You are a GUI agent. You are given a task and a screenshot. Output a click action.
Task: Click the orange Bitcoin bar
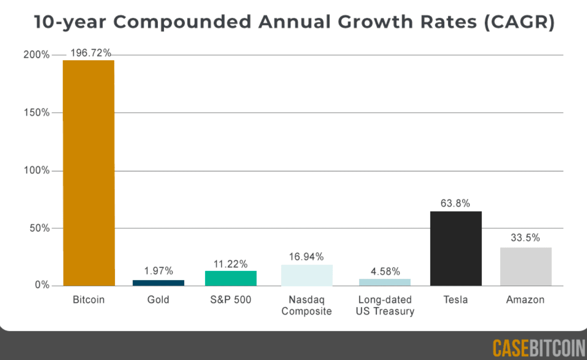click(x=88, y=173)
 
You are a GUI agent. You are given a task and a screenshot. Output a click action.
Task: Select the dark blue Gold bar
click(x=158, y=283)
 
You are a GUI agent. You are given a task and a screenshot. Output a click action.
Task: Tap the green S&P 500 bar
click(x=231, y=278)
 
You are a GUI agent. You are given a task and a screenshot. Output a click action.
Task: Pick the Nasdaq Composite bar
click(x=307, y=275)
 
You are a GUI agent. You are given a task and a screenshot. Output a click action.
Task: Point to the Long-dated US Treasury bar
click(x=385, y=282)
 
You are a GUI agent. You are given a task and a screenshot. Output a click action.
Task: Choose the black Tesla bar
click(x=456, y=249)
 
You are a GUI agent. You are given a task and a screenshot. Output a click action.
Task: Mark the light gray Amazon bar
click(x=526, y=266)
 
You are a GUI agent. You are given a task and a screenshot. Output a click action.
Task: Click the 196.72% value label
click(x=91, y=53)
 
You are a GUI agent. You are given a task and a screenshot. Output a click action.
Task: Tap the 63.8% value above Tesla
click(x=455, y=204)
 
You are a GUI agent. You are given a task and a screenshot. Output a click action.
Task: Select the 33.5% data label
click(x=525, y=238)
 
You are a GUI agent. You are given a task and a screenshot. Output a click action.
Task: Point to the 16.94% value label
click(x=307, y=256)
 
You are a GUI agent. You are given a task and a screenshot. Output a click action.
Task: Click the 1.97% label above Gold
click(x=158, y=271)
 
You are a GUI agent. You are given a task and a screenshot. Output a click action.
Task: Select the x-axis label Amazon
click(x=525, y=300)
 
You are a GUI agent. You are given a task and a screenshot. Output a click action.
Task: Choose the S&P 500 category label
click(x=231, y=300)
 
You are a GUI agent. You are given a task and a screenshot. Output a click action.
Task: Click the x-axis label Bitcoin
click(x=89, y=300)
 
